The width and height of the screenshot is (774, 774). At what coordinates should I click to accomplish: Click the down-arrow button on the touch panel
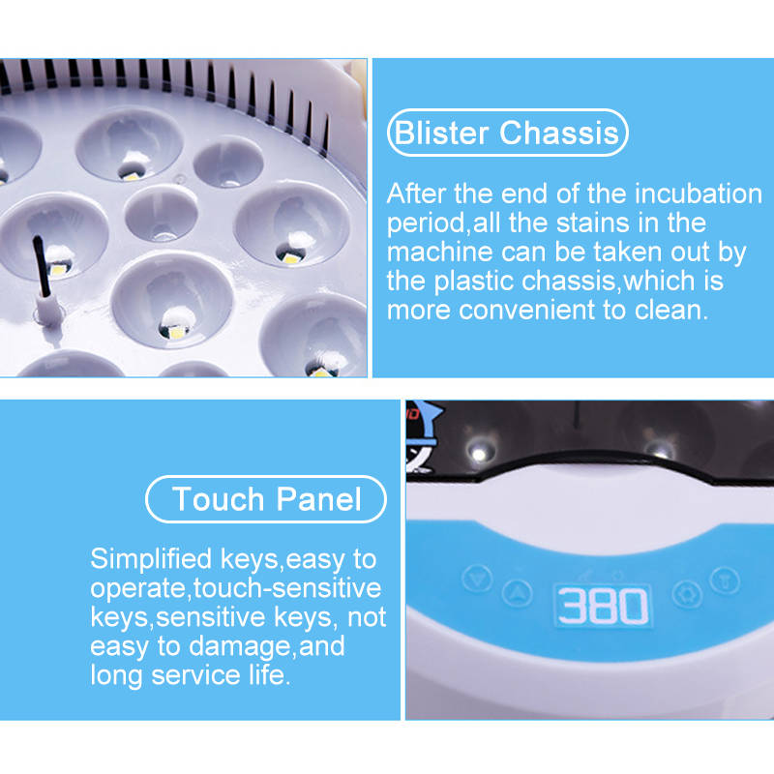(477, 578)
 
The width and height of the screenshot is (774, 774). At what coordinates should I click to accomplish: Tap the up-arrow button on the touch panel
(517, 593)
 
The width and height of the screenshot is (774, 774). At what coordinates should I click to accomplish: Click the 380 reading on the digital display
(603, 606)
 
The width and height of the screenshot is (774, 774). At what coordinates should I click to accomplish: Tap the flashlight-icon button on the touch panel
(725, 580)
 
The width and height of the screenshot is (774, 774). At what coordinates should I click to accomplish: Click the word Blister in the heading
(441, 134)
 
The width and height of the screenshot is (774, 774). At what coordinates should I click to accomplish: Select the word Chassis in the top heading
(559, 134)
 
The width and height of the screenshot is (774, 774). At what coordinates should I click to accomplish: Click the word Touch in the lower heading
(219, 499)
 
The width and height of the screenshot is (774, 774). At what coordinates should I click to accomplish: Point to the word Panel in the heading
(319, 499)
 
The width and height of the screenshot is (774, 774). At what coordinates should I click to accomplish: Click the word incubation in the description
(698, 193)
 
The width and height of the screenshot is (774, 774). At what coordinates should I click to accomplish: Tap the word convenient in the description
(526, 311)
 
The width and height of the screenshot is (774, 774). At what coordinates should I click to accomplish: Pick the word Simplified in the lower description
(151, 559)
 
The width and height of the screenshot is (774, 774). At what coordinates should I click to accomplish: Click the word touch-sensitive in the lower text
(287, 588)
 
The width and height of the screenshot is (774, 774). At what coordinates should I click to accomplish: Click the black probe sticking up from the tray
(41, 266)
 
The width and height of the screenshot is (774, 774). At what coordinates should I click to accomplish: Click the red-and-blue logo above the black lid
(422, 434)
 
